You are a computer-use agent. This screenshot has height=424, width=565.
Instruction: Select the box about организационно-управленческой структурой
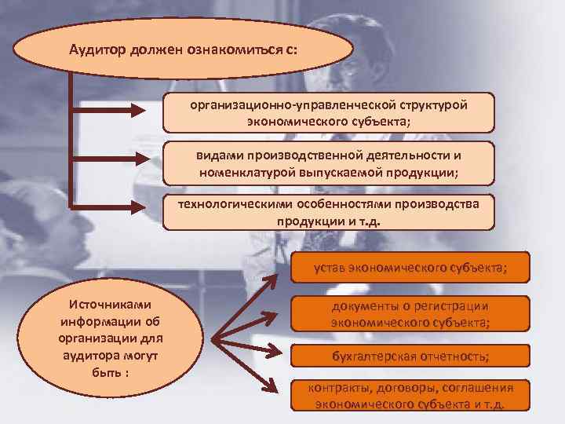click(x=329, y=113)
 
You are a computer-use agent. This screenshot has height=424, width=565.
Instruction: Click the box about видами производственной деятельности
click(x=329, y=163)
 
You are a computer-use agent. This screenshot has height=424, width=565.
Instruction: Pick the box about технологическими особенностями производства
click(x=329, y=211)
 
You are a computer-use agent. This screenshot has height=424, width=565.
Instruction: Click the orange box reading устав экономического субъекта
click(x=410, y=268)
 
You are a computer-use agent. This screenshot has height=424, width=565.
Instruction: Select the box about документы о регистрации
click(x=410, y=314)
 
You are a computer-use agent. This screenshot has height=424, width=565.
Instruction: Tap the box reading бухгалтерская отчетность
click(x=410, y=356)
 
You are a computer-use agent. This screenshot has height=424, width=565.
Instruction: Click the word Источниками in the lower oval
click(x=110, y=304)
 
